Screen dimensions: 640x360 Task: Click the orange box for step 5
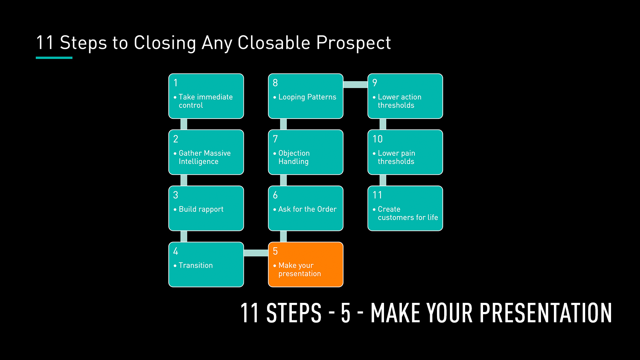click(x=306, y=264)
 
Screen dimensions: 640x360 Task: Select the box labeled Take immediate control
click(x=206, y=96)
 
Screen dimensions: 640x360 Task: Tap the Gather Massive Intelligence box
click(x=206, y=152)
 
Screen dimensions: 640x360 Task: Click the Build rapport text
click(x=201, y=210)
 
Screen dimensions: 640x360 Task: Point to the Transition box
click(x=206, y=264)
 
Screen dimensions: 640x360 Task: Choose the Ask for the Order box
click(x=306, y=208)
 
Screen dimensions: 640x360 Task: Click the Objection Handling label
click(x=294, y=157)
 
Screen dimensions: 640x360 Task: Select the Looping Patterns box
click(x=306, y=96)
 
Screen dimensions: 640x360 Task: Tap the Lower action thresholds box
click(x=405, y=96)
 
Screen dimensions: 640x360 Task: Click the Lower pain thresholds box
click(x=405, y=152)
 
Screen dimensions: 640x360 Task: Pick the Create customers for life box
click(x=405, y=208)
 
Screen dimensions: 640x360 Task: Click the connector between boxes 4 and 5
click(x=256, y=253)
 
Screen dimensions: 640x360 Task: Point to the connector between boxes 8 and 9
click(x=355, y=85)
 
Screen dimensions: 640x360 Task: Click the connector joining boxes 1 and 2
click(x=184, y=124)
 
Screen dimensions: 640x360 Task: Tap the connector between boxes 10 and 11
click(x=383, y=180)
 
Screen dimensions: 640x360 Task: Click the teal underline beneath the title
click(x=54, y=58)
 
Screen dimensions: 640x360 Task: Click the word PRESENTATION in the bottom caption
click(x=546, y=313)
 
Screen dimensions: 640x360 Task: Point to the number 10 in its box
click(x=378, y=139)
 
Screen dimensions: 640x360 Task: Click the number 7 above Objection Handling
click(x=275, y=139)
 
